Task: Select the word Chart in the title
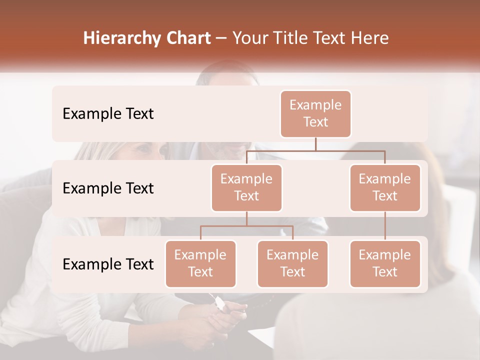(x=185, y=38)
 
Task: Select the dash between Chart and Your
(x=221, y=39)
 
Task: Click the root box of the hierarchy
(x=315, y=113)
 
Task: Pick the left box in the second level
(x=246, y=187)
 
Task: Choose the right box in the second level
(x=385, y=187)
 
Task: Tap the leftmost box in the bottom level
(x=200, y=263)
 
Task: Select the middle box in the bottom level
(x=292, y=263)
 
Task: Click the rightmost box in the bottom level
(x=385, y=263)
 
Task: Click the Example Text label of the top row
(x=108, y=114)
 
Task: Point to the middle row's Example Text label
(x=108, y=188)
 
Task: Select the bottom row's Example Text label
(x=108, y=264)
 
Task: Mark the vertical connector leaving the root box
(x=315, y=144)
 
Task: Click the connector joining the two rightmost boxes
(x=385, y=225)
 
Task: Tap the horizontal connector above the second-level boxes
(x=315, y=150)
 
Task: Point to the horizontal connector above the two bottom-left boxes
(x=246, y=226)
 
